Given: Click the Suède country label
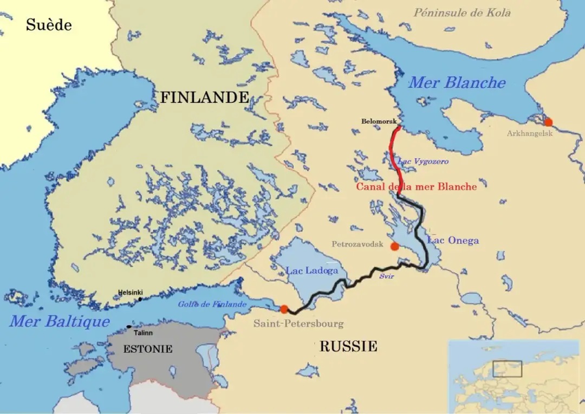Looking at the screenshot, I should tap(49, 25).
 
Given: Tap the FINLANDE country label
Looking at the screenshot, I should tap(204, 98).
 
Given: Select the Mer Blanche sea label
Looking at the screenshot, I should tap(456, 83).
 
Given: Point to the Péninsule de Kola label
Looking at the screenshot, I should tap(462, 12).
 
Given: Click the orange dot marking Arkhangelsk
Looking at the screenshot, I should tap(548, 122).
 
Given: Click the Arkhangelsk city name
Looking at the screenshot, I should tap(529, 133).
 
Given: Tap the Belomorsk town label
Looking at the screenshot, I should tap(379, 121).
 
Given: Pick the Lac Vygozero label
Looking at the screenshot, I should tap(423, 161).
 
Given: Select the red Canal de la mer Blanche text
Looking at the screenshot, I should tap(416, 187).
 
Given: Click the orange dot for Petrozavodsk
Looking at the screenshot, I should tap(394, 247).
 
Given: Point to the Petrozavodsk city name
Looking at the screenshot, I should tap(357, 244).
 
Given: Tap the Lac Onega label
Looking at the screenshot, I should tap(453, 241).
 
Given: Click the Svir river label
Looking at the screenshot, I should tap(386, 276).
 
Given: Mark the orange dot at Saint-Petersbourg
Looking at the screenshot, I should tap(284, 309).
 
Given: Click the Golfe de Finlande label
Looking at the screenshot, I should tap(212, 305).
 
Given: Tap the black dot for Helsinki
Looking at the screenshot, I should tap(140, 299).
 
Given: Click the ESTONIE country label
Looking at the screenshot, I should tap(147, 349).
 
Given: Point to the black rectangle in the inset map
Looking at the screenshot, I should tap(507, 368).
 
